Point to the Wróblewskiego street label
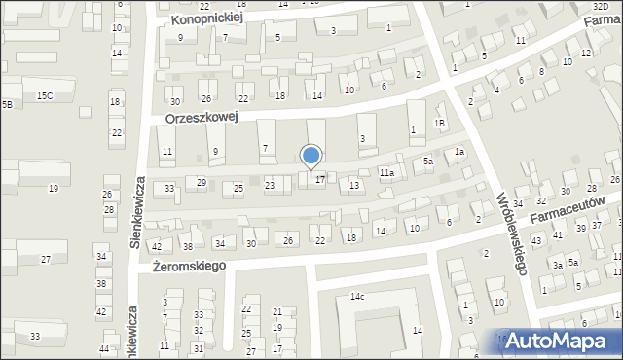click(511, 233)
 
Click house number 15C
click(45, 95)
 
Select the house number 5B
click(6, 103)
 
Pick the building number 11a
click(386, 173)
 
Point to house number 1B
click(439, 123)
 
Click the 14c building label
click(357, 296)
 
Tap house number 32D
click(601, 6)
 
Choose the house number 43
click(535, 240)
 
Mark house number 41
click(558, 235)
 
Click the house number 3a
click(558, 265)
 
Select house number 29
click(202, 182)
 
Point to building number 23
click(270, 185)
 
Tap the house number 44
click(104, 348)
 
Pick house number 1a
click(458, 153)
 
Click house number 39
click(580, 227)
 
